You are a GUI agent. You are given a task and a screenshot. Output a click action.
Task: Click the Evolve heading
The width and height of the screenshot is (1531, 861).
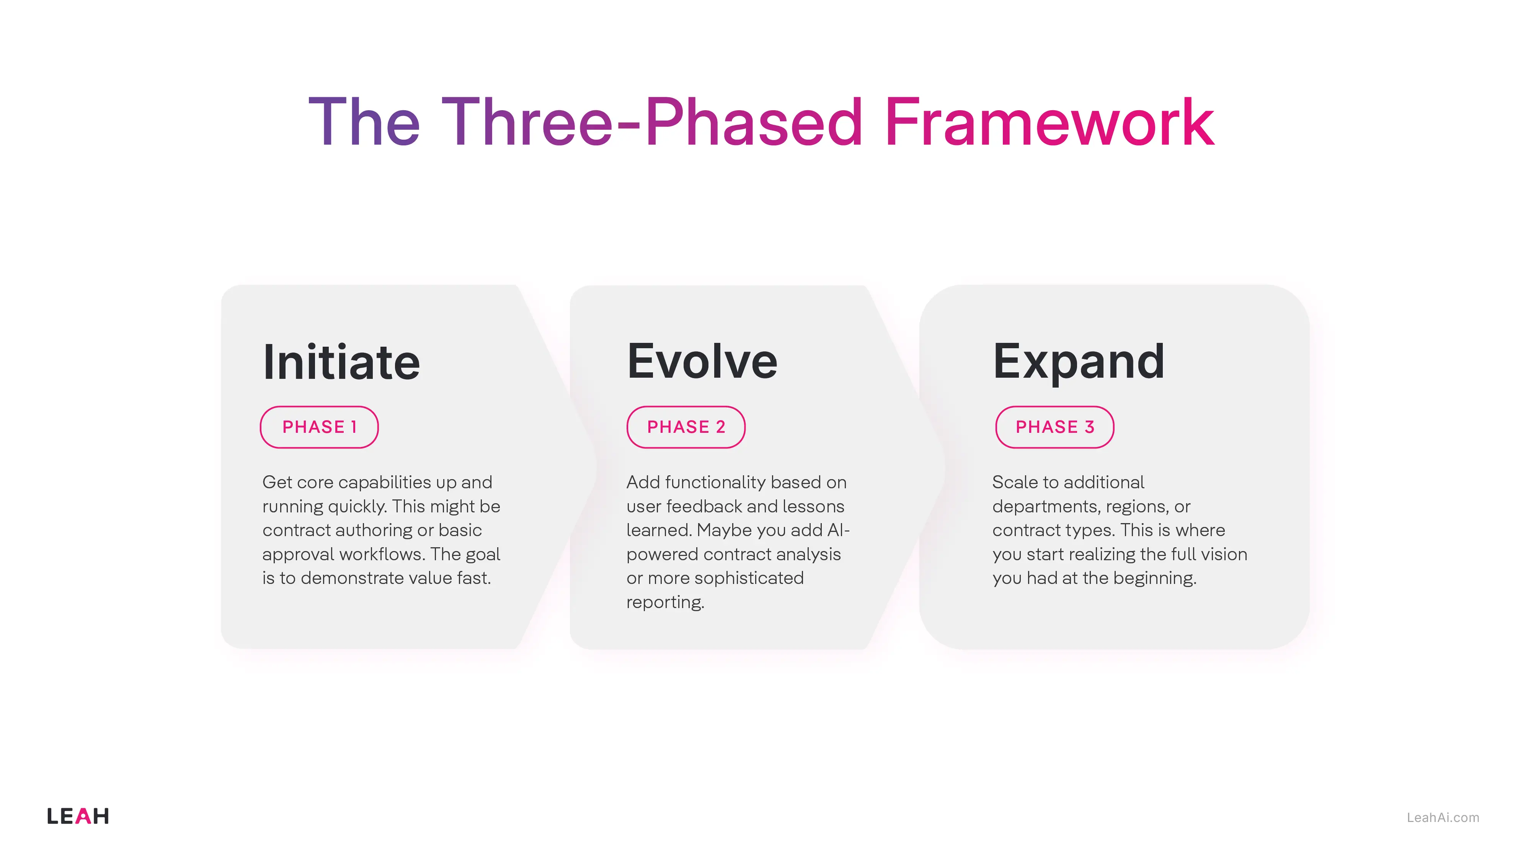coord(702,361)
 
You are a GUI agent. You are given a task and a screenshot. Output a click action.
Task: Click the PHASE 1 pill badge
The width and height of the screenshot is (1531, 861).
coord(319,427)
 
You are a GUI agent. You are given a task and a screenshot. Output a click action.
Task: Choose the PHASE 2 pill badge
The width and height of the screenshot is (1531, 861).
coord(686,427)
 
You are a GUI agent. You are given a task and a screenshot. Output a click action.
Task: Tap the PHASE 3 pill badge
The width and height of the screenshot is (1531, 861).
coord(1054,427)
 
